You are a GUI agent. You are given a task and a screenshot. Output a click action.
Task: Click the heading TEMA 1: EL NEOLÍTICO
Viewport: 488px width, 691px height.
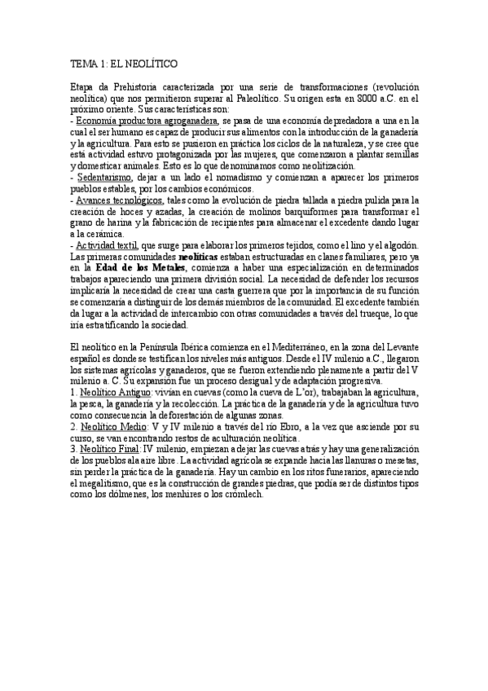(x=125, y=63)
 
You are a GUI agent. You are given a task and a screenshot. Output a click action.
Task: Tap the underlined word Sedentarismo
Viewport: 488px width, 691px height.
(x=107, y=177)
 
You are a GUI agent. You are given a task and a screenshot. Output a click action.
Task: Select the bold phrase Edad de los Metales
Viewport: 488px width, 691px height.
(x=142, y=267)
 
